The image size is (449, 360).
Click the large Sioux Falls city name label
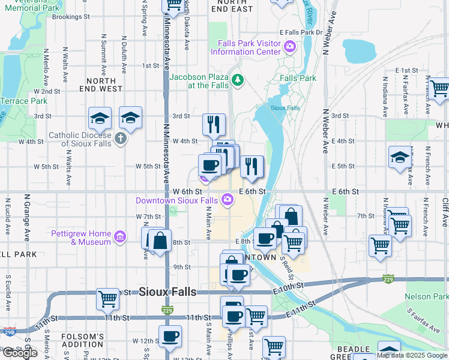coord(159,292)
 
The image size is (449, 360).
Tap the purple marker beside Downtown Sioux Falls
coord(228,200)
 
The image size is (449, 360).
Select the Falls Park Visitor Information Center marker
coord(290,46)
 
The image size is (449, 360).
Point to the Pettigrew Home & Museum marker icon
coord(120,237)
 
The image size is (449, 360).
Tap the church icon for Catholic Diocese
coord(121,139)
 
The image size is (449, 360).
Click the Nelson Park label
coord(427,296)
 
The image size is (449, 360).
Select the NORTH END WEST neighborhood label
coord(104,85)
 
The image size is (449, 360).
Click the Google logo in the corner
coord(20,353)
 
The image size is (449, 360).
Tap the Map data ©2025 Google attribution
coord(412,355)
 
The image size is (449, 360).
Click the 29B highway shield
coord(9,331)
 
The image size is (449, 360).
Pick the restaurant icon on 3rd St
coord(214,125)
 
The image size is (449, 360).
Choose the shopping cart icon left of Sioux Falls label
coord(108,298)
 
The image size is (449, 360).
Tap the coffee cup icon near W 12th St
coord(170,335)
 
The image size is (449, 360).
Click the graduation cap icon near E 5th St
coord(400,157)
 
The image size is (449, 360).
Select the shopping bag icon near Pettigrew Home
coord(160,241)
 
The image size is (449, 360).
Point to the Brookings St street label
coord(71,17)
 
